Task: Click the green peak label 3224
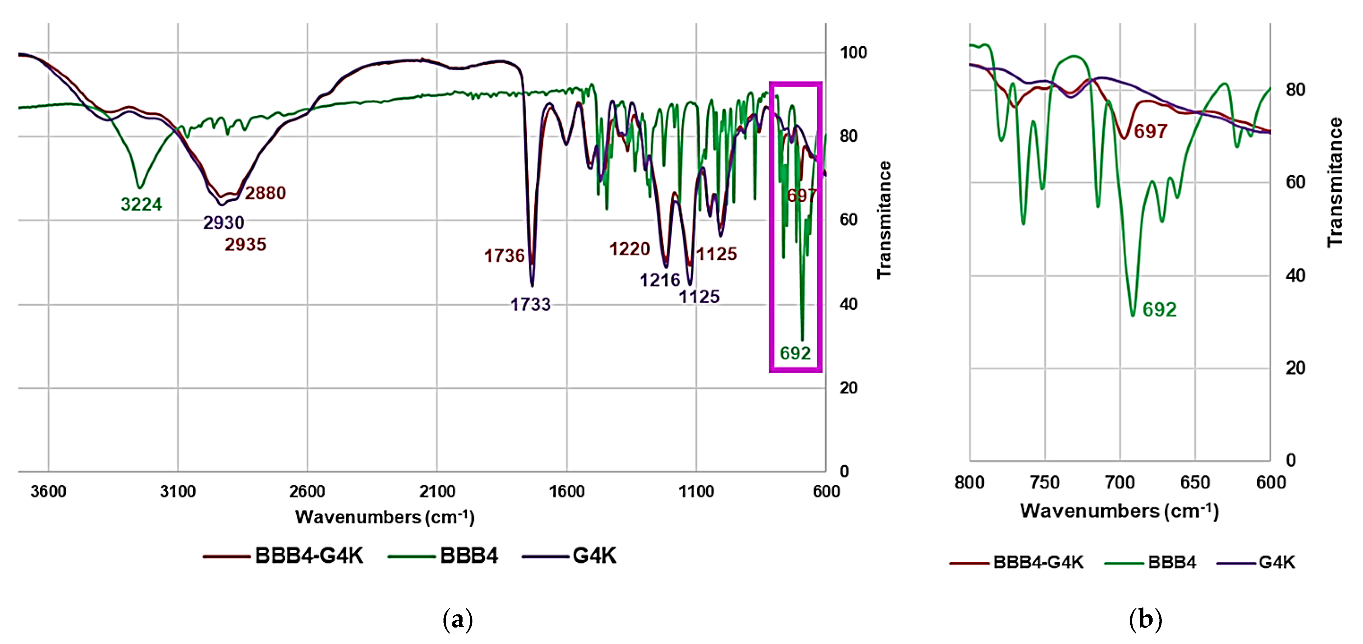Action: click(141, 204)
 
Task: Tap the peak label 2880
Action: click(265, 193)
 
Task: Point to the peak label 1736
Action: click(504, 256)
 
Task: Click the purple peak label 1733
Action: click(530, 305)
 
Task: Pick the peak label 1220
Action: click(629, 249)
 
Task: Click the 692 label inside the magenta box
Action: click(795, 353)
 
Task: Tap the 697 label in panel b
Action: click(1150, 131)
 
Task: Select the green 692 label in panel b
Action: click(1159, 310)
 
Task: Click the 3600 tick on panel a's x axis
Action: click(48, 492)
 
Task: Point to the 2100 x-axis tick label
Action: click(437, 492)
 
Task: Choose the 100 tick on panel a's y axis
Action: click(853, 52)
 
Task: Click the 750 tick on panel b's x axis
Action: click(1045, 482)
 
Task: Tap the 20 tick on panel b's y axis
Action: click(1295, 368)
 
